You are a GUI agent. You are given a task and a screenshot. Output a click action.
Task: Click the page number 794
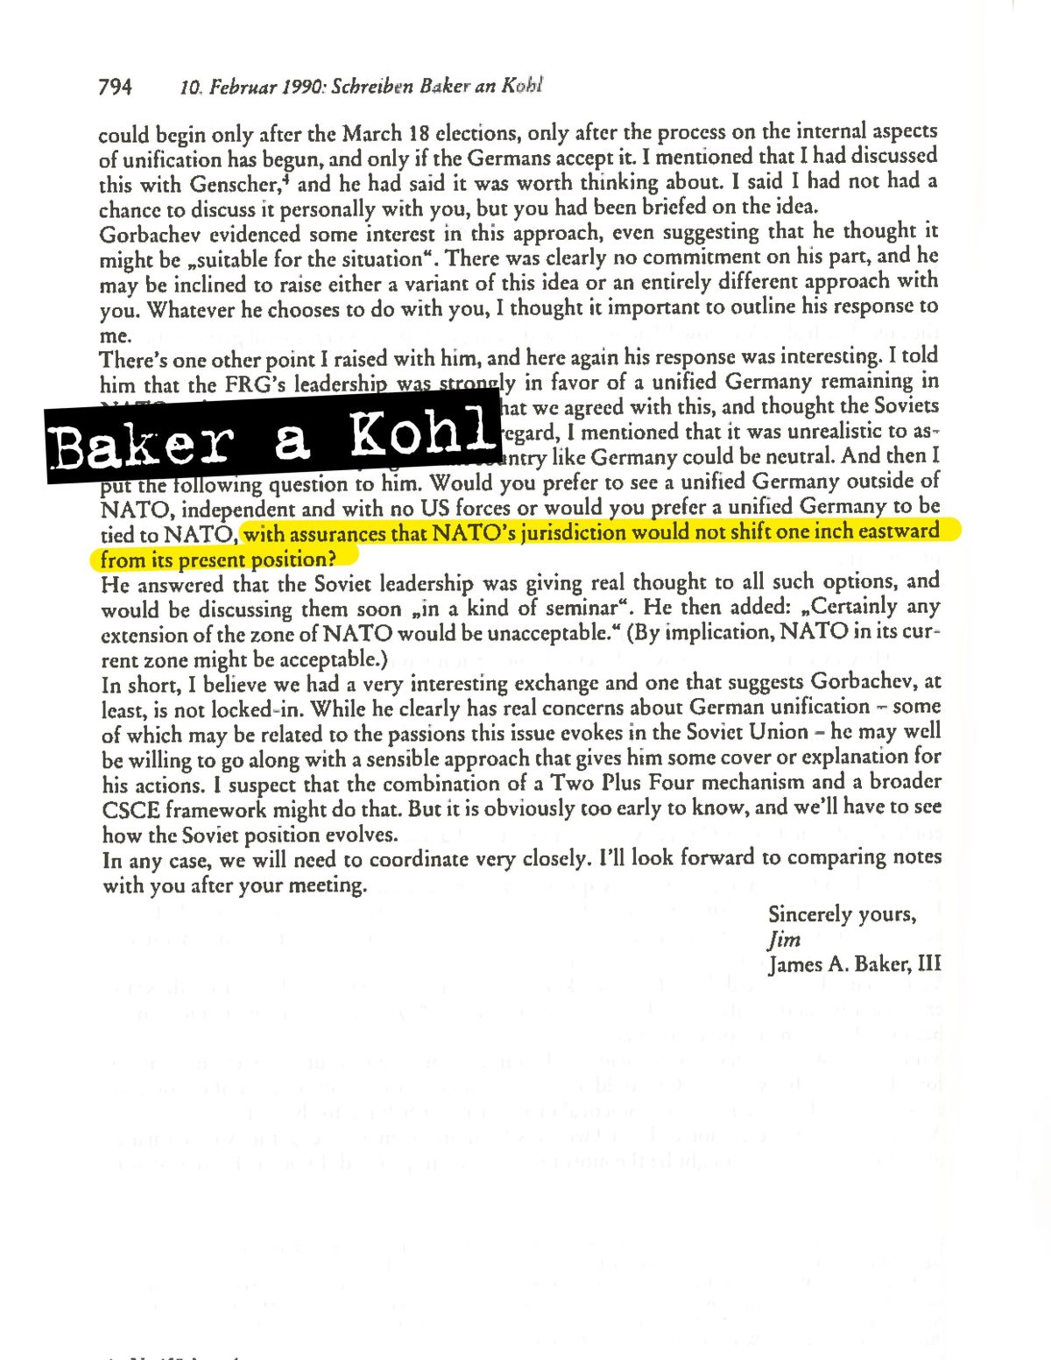(115, 87)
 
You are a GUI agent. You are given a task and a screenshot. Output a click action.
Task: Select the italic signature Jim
(784, 940)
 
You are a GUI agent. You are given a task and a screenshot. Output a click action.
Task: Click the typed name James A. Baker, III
(854, 964)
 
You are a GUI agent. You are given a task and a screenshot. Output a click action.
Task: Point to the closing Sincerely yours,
(842, 914)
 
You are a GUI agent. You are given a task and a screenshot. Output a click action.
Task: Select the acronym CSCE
(130, 810)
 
